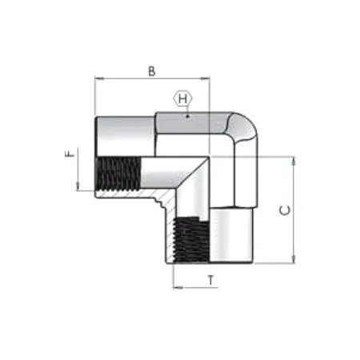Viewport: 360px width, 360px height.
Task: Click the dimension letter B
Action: pyautogui.click(x=152, y=70)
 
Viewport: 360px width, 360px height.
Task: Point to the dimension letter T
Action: pyautogui.click(x=210, y=279)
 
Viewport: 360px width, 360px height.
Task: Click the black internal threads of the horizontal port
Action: pyautogui.click(x=118, y=173)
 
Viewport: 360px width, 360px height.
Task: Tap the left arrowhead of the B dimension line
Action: pyautogui.click(x=98, y=78)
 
